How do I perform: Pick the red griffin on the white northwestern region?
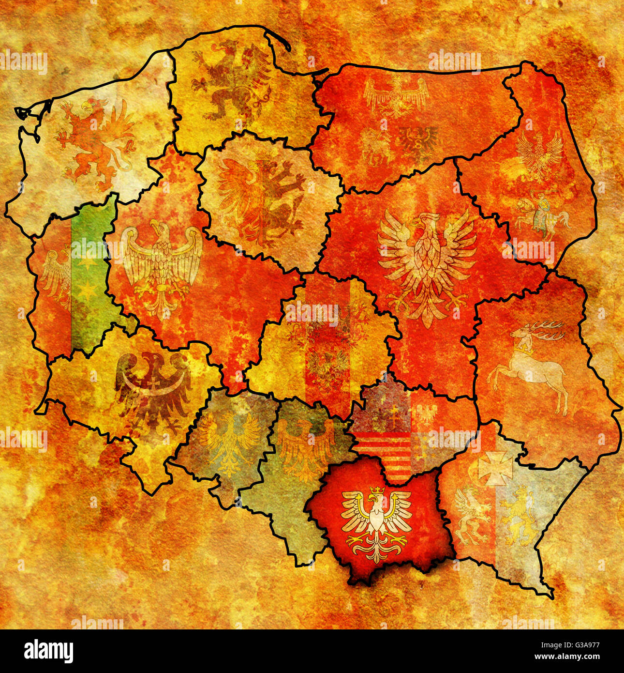[x=94, y=143]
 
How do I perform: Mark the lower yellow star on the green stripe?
[x=88, y=290]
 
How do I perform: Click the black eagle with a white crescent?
[x=152, y=387]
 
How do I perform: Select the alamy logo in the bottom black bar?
[x=49, y=651]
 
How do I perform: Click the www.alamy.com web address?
[x=564, y=657]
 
